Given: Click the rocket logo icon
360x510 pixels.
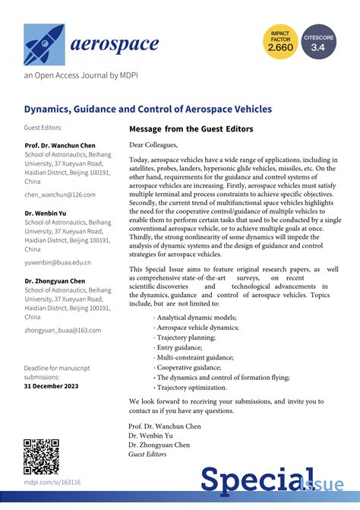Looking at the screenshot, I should click(43, 43).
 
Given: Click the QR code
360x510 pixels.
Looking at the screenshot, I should click(42, 455).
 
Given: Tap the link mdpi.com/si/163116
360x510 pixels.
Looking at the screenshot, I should click(52, 482).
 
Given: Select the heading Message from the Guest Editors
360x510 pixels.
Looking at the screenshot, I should click(191, 128).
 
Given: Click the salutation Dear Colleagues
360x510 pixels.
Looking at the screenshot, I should click(153, 144).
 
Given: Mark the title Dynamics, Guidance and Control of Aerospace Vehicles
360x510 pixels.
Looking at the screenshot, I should click(147, 109).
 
